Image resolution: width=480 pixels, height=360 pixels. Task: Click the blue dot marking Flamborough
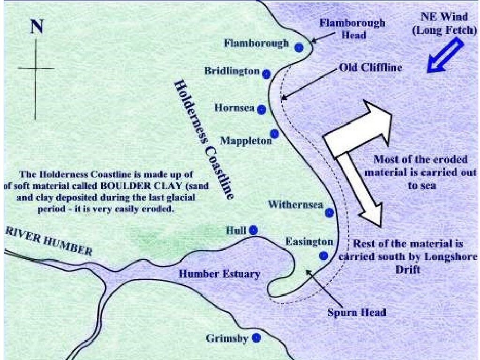click(299, 47)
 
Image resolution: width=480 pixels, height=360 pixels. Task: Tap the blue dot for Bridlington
click(266, 73)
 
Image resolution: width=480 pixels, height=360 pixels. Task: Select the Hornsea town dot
click(262, 109)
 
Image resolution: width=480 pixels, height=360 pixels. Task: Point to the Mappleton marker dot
click(275, 134)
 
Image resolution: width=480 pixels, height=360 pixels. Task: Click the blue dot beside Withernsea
click(330, 212)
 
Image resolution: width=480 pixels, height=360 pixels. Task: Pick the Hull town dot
click(254, 230)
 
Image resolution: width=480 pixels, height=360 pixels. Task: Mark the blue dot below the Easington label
click(323, 256)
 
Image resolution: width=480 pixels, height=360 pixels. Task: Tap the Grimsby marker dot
click(256, 337)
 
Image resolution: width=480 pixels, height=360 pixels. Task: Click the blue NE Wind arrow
click(446, 55)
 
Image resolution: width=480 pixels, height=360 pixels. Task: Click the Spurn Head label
click(357, 312)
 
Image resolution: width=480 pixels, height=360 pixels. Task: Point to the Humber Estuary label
click(219, 274)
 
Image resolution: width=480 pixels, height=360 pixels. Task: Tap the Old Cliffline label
click(370, 67)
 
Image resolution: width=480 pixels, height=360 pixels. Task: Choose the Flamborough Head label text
click(353, 28)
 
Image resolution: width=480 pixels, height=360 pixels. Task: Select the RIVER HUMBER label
click(49, 241)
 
